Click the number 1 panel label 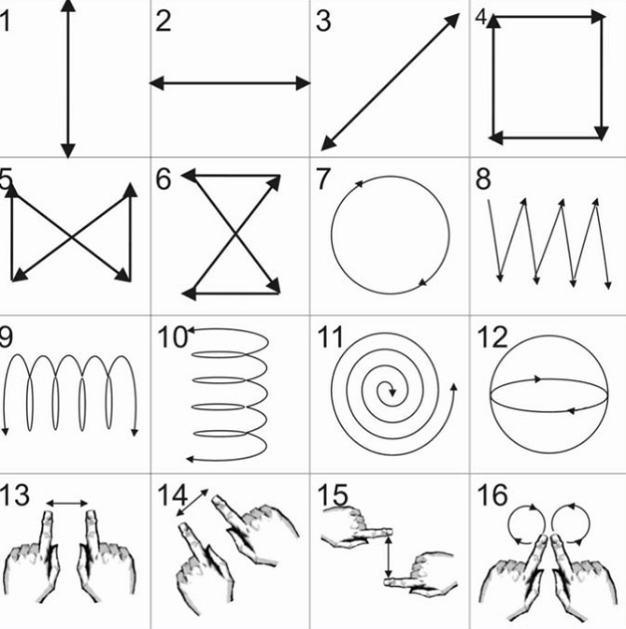[x=5, y=21]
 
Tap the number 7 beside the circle [x=323, y=179]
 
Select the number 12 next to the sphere [x=492, y=337]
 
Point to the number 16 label [x=492, y=495]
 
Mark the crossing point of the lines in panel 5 [x=72, y=238]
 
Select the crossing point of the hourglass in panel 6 [x=235, y=234]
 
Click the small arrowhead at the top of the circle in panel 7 [x=358, y=184]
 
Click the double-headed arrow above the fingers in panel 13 [x=67, y=503]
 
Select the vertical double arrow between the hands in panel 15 [x=388, y=557]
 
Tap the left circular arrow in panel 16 [x=526, y=524]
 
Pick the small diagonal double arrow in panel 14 [x=192, y=502]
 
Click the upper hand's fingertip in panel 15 [x=390, y=532]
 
